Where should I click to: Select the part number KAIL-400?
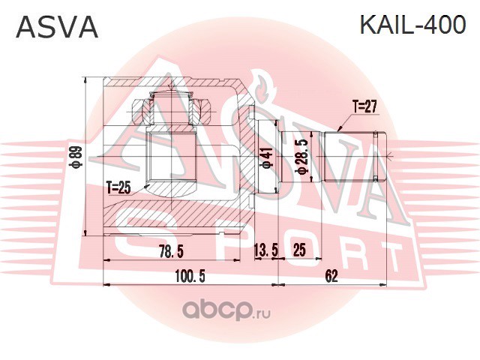[x=413, y=25]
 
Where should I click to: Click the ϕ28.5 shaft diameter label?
[x=301, y=157]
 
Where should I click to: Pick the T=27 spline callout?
[x=365, y=106]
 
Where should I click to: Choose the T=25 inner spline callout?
[x=118, y=187]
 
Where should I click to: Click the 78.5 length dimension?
[x=171, y=251]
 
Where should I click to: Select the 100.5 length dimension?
[x=190, y=277]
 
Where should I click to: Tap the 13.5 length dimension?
[x=265, y=251]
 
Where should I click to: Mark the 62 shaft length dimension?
[x=331, y=277]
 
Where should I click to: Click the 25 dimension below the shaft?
[x=299, y=250]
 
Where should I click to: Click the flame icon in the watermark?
[x=262, y=88]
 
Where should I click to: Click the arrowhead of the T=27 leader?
[x=340, y=129]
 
